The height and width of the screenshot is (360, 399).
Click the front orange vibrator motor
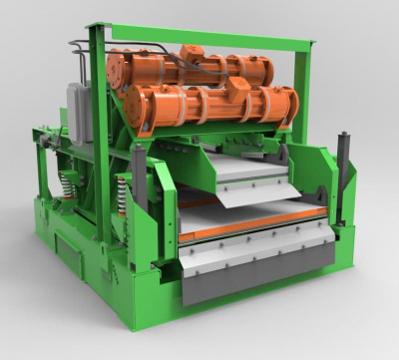[x=209, y=108]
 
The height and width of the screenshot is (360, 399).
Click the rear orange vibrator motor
[x=190, y=68]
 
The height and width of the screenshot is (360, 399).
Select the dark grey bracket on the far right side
[x=345, y=180]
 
